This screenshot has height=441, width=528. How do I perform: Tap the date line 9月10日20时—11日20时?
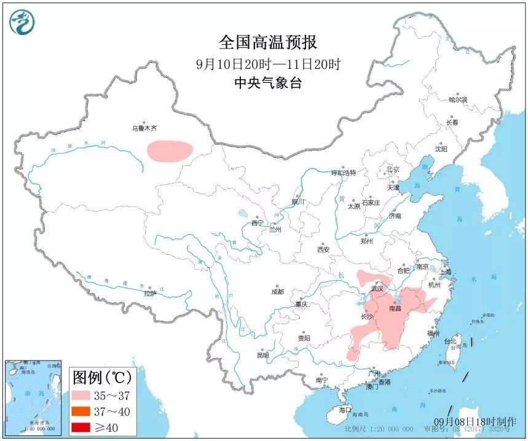point(268,64)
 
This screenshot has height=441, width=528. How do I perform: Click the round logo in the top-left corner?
point(22,21)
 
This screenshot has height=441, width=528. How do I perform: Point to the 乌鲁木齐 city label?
point(144,129)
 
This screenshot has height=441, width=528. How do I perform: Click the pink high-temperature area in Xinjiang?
point(169,150)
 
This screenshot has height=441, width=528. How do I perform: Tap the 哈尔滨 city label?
point(457,100)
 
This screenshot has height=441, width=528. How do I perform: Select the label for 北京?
point(393,170)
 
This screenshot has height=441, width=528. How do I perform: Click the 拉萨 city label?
point(151,294)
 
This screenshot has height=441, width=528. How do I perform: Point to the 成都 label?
point(277,292)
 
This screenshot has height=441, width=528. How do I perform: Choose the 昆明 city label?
point(262,356)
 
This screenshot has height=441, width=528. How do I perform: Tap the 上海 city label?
point(444,272)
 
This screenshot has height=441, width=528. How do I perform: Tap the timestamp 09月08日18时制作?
point(475,421)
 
